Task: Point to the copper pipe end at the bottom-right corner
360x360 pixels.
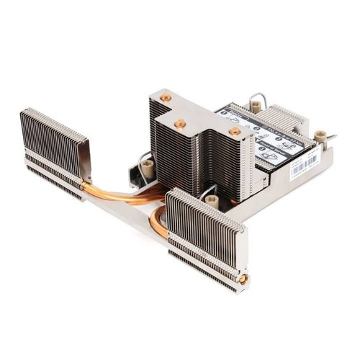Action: [243, 279]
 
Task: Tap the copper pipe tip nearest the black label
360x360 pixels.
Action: [233, 131]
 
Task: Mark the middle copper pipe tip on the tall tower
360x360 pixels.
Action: [180, 124]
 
